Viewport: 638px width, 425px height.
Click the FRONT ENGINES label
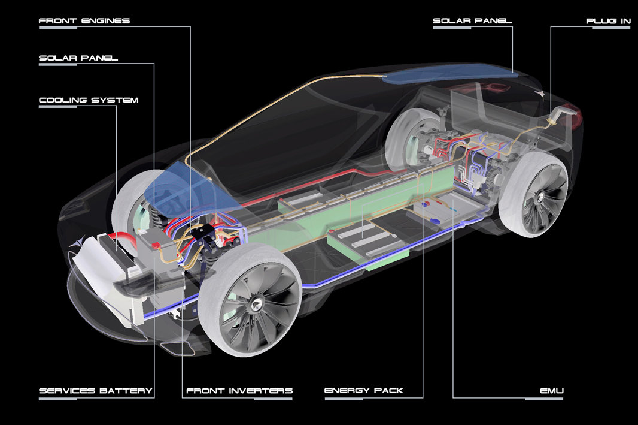pyautogui.click(x=84, y=21)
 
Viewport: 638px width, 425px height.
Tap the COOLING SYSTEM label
pyautogui.click(x=89, y=100)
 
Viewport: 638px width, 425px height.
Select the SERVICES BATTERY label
pyautogui.click(x=96, y=391)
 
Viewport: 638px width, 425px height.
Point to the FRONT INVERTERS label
pyautogui.click(x=239, y=391)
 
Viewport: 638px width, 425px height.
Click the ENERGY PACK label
pyautogui.click(x=364, y=391)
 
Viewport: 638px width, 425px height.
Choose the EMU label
pyautogui.click(x=552, y=391)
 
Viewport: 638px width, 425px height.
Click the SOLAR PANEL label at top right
pyautogui.click(x=472, y=21)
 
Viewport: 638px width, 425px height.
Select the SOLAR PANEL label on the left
pyautogui.click(x=78, y=59)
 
